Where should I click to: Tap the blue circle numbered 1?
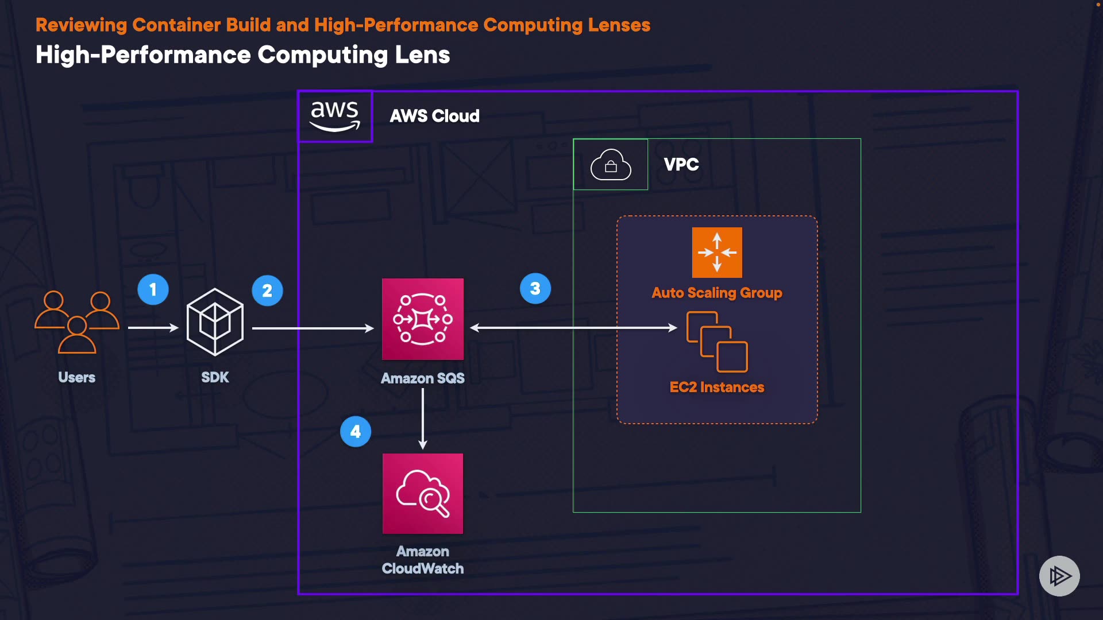[153, 289]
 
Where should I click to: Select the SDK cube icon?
[215, 321]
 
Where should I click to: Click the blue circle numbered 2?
[267, 290]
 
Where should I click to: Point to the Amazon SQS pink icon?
[423, 319]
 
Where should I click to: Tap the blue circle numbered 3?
[535, 288]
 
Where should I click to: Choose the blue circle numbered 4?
[356, 431]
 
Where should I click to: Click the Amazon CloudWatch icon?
[423, 494]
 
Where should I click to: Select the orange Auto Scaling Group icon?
[717, 253]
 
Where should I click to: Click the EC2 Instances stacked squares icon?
[717, 342]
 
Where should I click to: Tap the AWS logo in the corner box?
[335, 116]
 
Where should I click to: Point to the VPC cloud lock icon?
[611, 165]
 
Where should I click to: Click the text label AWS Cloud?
[434, 116]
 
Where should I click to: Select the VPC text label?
[681, 165]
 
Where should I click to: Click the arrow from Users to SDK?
[153, 328]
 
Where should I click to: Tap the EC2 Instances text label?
[717, 387]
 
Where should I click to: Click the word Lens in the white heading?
[422, 55]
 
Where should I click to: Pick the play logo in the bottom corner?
[1059, 576]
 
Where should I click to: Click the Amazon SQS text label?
[423, 378]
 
